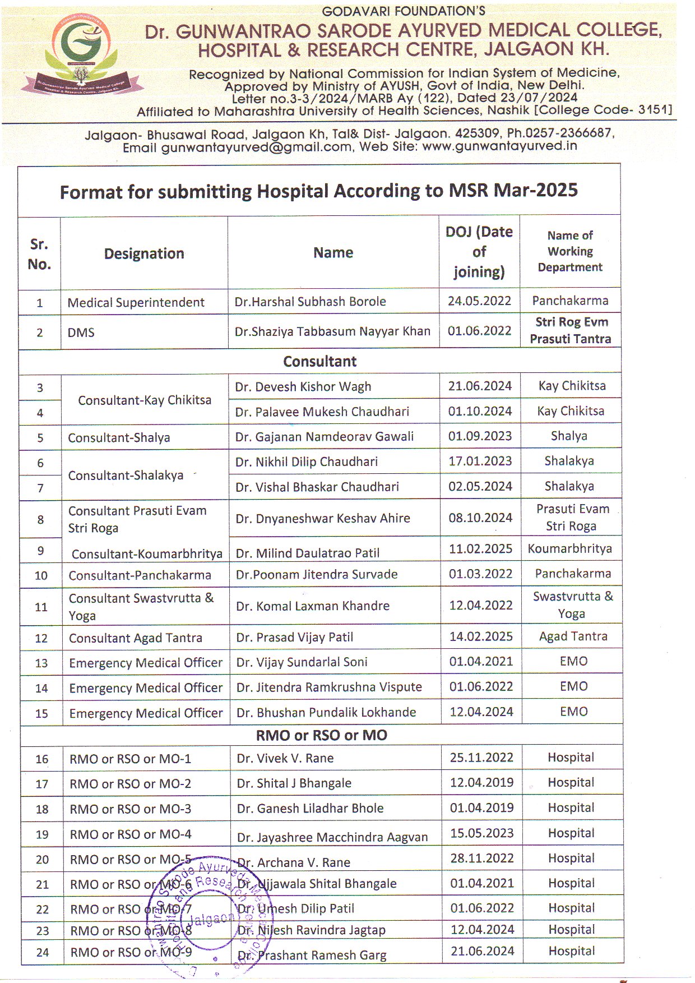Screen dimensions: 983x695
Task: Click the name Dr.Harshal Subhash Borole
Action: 310,302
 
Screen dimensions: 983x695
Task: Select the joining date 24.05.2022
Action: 479,301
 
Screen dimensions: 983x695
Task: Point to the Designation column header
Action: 144,253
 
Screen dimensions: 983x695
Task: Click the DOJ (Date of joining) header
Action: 479,252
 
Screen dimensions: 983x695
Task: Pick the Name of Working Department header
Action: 570,251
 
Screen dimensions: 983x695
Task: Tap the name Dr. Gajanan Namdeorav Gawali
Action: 325,437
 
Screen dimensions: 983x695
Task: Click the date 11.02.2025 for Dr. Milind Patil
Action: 480,549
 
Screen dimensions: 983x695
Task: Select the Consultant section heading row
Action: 319,362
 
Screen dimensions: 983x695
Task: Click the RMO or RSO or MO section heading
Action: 321,735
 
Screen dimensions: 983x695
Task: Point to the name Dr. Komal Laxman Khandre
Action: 313,606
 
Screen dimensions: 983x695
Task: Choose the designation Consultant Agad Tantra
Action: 136,638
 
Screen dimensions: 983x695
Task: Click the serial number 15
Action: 41,714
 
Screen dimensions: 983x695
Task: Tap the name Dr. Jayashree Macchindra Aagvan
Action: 332,838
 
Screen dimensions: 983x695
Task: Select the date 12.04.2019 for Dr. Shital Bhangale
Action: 481,783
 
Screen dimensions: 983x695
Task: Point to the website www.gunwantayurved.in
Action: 499,146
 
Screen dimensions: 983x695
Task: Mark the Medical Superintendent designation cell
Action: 136,303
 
